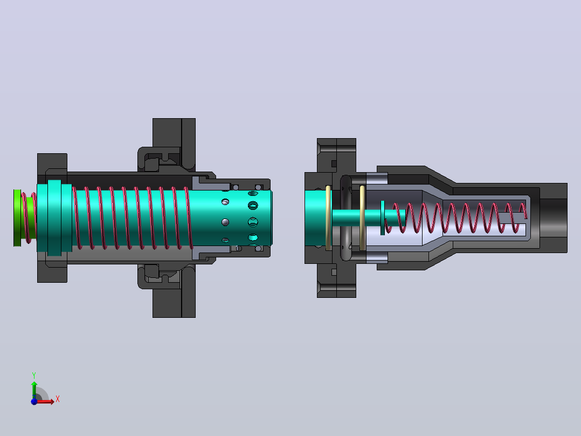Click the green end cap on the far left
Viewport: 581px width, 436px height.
click(17, 218)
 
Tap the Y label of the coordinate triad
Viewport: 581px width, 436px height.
click(34, 376)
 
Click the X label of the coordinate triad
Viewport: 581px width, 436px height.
click(58, 399)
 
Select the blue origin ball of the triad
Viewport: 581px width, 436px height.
click(34, 401)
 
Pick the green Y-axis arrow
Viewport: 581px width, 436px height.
click(34, 390)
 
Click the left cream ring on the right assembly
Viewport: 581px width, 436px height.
click(328, 218)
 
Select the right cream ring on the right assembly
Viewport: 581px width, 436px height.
click(362, 218)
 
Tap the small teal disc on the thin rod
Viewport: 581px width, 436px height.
click(383, 218)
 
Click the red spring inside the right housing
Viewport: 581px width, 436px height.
click(456, 218)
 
